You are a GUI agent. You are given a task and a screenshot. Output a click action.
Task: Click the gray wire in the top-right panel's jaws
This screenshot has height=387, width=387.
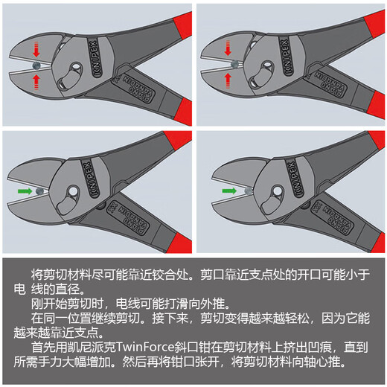[235, 64]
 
